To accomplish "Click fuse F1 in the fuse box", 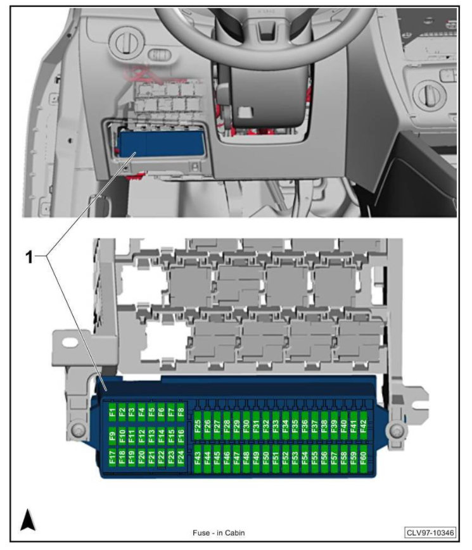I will pyautogui.click(x=112, y=413).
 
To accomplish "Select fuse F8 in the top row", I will pyautogui.click(x=181, y=413).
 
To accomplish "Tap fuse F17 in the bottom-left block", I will pyautogui.click(x=112, y=458).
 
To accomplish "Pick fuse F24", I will pyautogui.click(x=181, y=458).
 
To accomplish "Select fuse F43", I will pyautogui.click(x=198, y=458).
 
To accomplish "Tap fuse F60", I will pyautogui.click(x=363, y=458).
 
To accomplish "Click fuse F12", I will pyautogui.click(x=141, y=435).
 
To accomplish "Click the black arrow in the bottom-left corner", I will pyautogui.click(x=28, y=520).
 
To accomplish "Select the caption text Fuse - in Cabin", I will pyautogui.click(x=219, y=533).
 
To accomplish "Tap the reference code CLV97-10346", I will pyautogui.click(x=430, y=533).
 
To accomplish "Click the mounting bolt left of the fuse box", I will pyautogui.click(x=77, y=431).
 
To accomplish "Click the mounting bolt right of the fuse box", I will pyautogui.click(x=397, y=431).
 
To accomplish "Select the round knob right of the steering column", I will pyautogui.click(x=430, y=96).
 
